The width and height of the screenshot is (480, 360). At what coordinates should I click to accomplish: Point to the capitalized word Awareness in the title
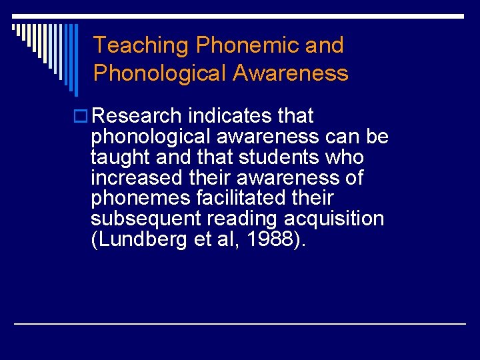click(290, 73)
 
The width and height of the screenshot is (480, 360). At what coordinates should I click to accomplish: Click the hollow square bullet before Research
click(83, 117)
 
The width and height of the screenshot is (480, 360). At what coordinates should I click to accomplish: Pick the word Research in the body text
click(137, 116)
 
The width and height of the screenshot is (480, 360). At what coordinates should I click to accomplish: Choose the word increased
click(135, 178)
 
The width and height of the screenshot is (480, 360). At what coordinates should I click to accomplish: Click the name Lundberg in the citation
click(139, 240)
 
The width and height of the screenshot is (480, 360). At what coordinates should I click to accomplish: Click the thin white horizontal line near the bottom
click(240, 324)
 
